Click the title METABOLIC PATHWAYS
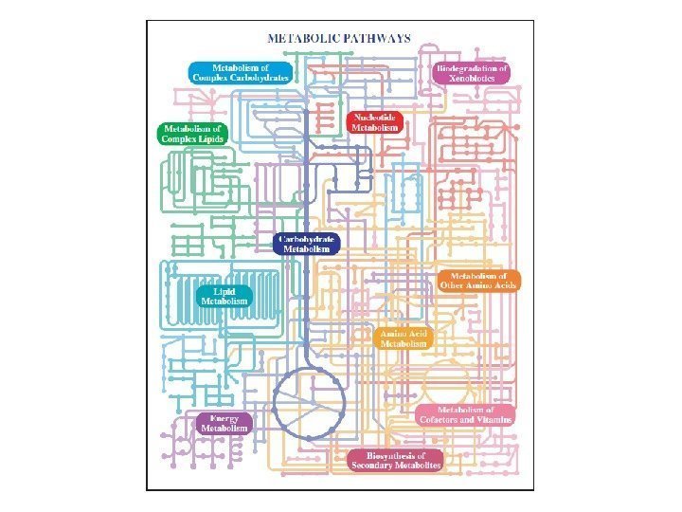[339, 39]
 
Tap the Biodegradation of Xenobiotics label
[471, 73]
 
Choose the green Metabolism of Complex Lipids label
[192, 134]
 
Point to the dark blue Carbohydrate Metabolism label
[307, 244]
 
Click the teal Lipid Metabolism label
[224, 296]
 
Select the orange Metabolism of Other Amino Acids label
[478, 280]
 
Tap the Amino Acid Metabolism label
[404, 338]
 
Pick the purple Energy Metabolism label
[224, 423]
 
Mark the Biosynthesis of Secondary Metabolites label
[396, 462]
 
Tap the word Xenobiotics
[471, 79]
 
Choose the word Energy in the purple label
[224, 417]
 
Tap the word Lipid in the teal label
[224, 290]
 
